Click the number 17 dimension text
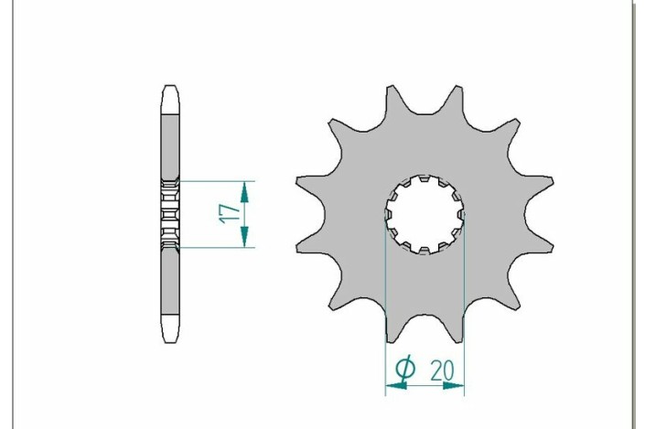[x=231, y=214]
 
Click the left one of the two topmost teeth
[x=391, y=94]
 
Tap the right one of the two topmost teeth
[x=458, y=94]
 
